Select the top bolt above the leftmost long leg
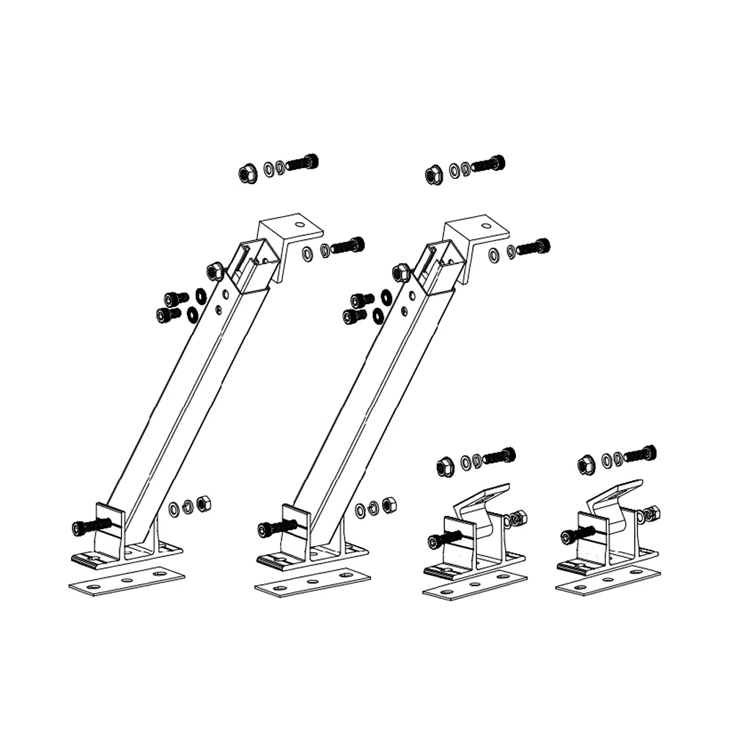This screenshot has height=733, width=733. tap(302, 162)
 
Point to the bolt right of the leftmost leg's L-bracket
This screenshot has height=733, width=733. tap(347, 246)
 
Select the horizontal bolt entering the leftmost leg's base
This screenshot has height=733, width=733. tap(90, 526)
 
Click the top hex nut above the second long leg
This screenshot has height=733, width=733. tap(434, 174)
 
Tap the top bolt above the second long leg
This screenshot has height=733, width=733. tap(488, 163)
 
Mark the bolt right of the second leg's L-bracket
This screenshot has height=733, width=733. tap(534, 247)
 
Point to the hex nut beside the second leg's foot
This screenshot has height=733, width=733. tap(390, 505)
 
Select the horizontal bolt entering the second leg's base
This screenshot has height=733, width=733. tap(276, 528)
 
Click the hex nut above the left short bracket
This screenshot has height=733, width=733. tap(445, 465)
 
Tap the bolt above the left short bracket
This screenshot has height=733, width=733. tap(499, 456)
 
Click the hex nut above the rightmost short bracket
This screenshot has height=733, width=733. tap(586, 463)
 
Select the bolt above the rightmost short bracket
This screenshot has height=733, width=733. tap(640, 454)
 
